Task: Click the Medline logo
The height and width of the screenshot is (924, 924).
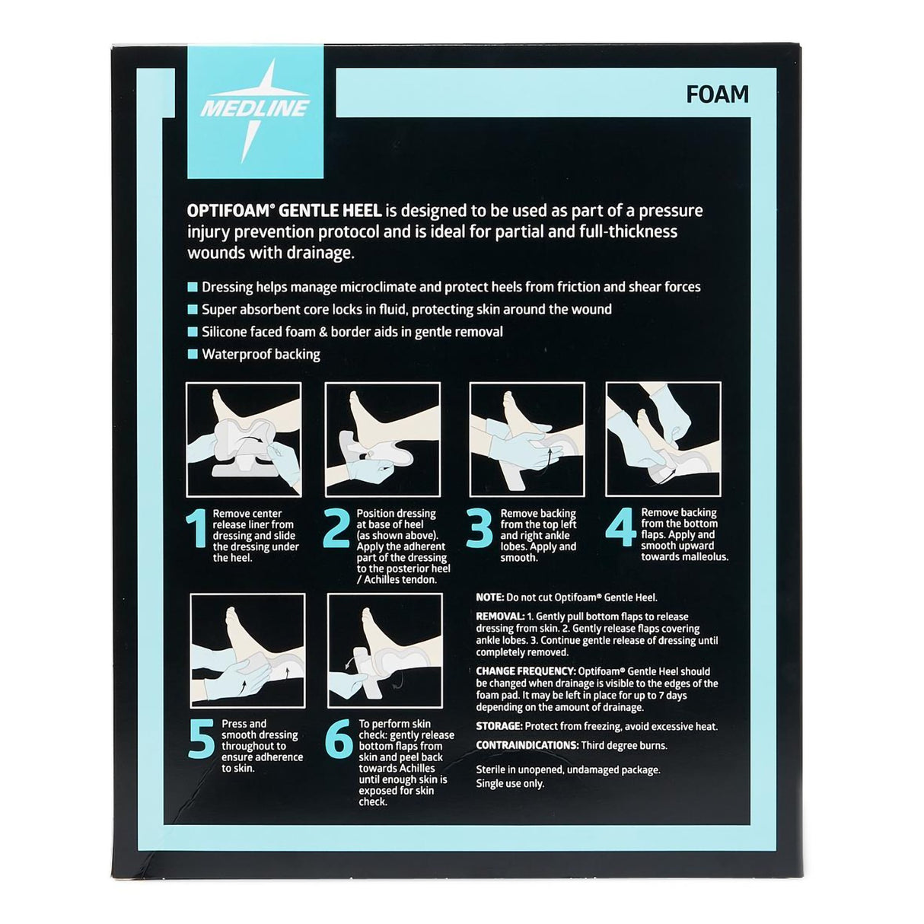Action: click(x=254, y=107)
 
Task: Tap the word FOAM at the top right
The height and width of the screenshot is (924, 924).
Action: click(x=717, y=94)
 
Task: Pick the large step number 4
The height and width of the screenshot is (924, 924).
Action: click(x=620, y=528)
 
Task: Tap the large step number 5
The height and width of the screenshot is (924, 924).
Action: click(x=201, y=739)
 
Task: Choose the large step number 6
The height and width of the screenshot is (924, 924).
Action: click(x=339, y=739)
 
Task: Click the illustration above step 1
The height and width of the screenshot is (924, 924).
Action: click(x=244, y=439)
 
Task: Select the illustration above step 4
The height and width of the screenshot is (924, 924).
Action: click(x=663, y=438)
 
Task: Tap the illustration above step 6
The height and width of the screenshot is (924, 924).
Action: click(x=385, y=651)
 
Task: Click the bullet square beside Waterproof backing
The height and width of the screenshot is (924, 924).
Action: click(x=192, y=355)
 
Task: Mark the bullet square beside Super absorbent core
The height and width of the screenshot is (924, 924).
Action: click(x=192, y=310)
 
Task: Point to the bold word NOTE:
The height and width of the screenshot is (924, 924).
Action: click(x=489, y=597)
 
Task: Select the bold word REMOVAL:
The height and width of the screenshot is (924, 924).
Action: click(x=500, y=617)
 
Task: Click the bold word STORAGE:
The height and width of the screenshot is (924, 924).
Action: click(x=499, y=726)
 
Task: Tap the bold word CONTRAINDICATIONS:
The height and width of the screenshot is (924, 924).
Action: click(x=527, y=745)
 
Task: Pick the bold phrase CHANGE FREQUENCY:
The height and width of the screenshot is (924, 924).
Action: click(x=525, y=671)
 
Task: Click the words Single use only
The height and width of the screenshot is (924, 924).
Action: click(x=510, y=783)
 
